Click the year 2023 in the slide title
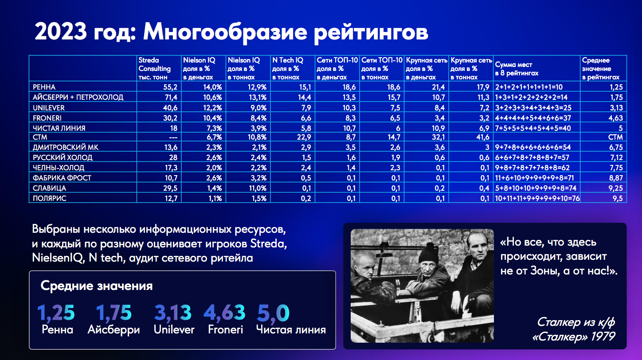61,31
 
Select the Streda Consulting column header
154,69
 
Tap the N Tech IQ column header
287,69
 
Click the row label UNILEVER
49,108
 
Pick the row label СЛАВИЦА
49,188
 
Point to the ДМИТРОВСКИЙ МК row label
65,147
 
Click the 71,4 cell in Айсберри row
171,98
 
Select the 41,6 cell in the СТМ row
483,137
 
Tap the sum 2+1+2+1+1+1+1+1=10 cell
528,87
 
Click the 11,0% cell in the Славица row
257,188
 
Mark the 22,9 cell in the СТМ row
304,137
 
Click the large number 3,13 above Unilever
172,313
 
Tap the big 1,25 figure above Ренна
56,313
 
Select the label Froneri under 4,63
226,329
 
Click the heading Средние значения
97,286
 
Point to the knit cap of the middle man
428,253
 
